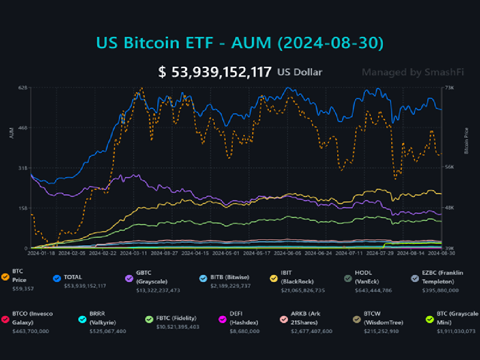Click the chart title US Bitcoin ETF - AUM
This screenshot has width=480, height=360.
tap(240, 43)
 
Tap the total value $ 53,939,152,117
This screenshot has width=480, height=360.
tap(215, 72)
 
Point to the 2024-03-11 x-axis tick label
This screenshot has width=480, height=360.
tap(134, 253)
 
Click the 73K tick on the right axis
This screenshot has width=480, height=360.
tap(449, 88)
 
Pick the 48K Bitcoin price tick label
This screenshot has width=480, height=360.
tap(449, 208)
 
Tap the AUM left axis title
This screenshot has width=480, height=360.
tap(12, 133)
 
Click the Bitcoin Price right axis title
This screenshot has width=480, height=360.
tap(466, 141)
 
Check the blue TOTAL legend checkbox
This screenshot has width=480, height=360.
tap(57, 278)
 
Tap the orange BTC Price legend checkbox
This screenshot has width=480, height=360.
tap(5, 277)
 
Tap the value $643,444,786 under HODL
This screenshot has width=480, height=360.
tap(373, 290)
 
